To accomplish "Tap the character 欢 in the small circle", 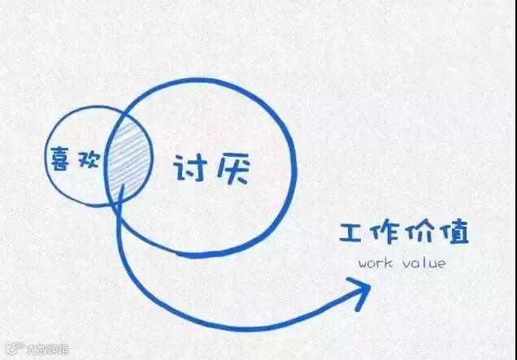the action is click(88, 159).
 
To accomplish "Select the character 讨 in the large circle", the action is click(189, 169).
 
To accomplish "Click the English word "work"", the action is click(375, 263).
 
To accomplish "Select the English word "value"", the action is click(424, 263).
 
